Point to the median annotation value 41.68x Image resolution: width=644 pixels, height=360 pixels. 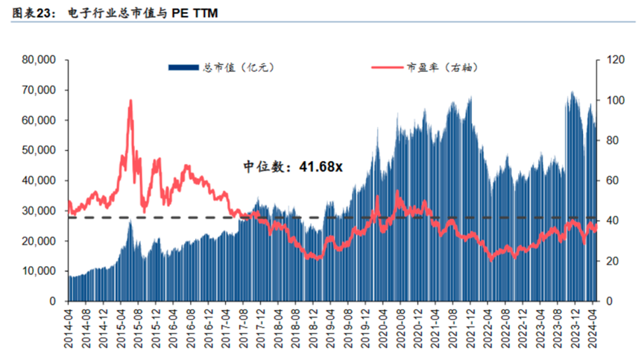click(x=321, y=167)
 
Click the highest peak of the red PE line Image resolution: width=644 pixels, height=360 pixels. click(x=130, y=101)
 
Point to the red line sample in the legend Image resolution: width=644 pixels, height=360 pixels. click(x=386, y=68)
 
